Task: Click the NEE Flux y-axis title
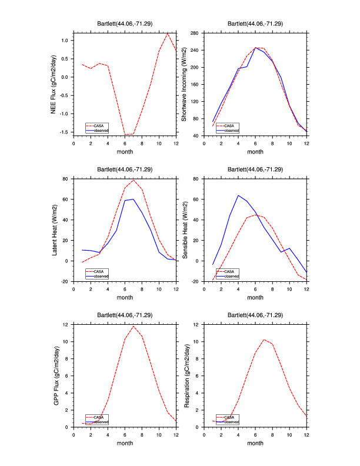54,84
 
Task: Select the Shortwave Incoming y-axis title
184,84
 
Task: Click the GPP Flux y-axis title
54,375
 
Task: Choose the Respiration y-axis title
184,375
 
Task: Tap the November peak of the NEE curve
168,33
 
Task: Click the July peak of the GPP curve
134,326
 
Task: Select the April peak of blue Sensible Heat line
238,195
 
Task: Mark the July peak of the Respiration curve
264,339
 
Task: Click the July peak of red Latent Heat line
134,179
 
